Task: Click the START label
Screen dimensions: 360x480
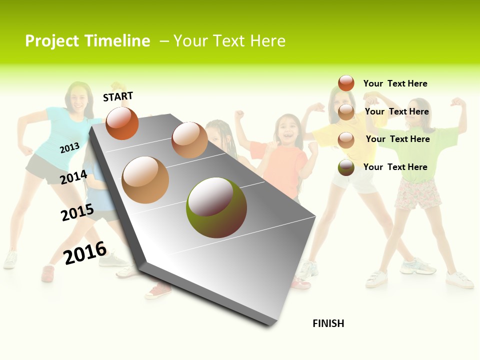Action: coord(118,96)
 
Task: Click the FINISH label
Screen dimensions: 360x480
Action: coord(328,323)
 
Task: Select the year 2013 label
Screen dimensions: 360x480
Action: coord(69,147)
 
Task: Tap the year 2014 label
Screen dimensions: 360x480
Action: coord(74,177)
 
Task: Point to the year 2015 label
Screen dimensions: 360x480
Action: coord(77,212)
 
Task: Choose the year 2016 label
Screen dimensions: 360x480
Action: coord(85,253)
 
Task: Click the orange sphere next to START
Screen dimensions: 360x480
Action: coord(122,123)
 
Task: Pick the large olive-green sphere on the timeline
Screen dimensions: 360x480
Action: coord(216,207)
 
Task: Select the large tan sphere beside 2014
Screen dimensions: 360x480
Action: coord(145,180)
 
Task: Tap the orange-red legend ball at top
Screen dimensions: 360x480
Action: coord(346,83)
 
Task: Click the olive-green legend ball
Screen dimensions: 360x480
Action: coord(346,167)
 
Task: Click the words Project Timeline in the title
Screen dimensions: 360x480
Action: coord(87,41)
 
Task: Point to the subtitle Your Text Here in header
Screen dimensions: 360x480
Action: coord(229,41)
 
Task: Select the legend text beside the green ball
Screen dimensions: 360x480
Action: coord(395,167)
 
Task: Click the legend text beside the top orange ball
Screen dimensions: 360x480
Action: coord(395,83)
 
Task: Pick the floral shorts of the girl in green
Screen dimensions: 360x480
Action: coord(418,194)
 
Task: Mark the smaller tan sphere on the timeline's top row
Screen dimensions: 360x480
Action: coord(189,140)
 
